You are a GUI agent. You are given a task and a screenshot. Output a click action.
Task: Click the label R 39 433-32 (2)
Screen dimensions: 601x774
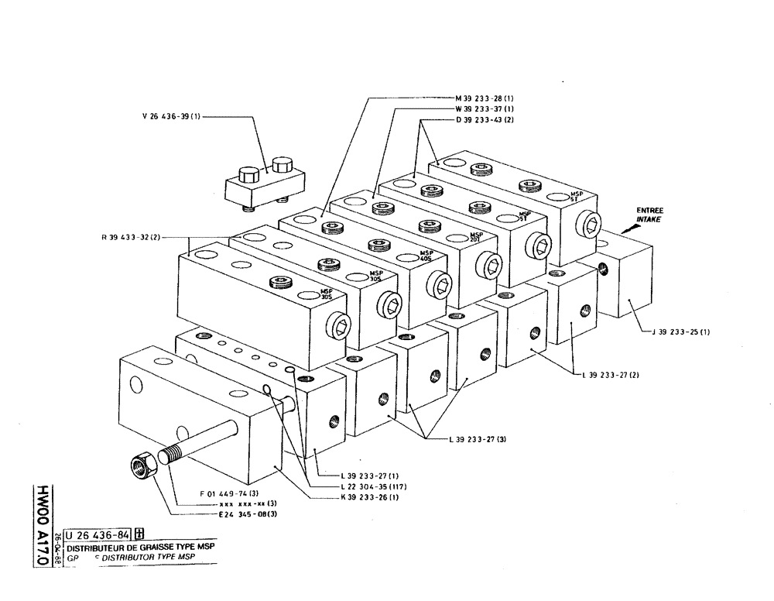[x=130, y=237]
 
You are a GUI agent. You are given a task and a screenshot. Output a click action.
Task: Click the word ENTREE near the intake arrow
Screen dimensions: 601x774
[x=649, y=211]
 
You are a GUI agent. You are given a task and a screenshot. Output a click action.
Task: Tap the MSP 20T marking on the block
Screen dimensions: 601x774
[x=476, y=238]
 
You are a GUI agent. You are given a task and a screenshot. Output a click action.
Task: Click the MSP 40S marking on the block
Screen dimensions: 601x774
[x=426, y=256]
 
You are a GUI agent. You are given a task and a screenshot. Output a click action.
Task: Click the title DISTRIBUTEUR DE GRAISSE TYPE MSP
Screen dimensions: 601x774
[x=140, y=547]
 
